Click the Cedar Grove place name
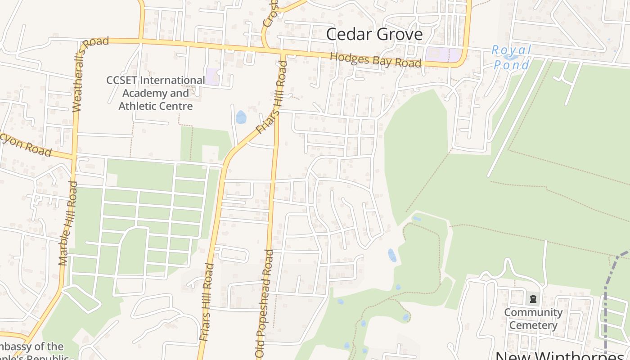[x=374, y=35]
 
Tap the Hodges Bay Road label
[x=376, y=60]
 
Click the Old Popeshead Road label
[x=265, y=304]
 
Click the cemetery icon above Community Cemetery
[x=533, y=299]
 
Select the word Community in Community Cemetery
[x=533, y=312]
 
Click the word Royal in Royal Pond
[x=512, y=50]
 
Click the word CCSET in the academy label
[x=122, y=81]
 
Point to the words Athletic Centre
[x=155, y=107]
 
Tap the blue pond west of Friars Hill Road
[x=241, y=117]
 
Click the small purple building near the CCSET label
[x=213, y=76]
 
